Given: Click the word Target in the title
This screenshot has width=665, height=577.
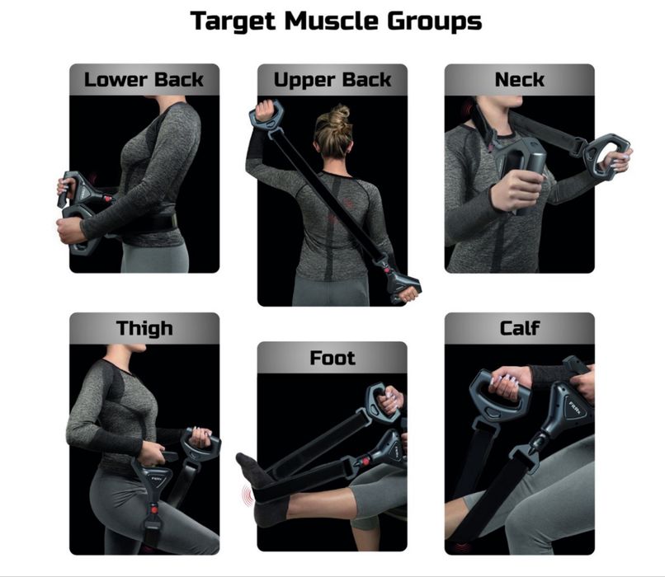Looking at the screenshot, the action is [233, 21].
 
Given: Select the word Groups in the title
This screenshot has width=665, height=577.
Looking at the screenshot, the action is [434, 21].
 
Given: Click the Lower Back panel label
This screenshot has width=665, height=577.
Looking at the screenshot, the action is [144, 80].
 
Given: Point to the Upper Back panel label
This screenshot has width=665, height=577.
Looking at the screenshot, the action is [332, 80].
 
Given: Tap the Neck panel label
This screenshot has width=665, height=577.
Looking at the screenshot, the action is [520, 80].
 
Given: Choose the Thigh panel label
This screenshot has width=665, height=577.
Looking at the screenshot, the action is [144, 328].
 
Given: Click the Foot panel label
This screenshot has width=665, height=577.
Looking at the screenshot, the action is [332, 358].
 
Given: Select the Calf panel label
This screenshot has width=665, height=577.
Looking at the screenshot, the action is [520, 328].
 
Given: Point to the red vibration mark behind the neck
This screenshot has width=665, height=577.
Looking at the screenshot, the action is [468, 110].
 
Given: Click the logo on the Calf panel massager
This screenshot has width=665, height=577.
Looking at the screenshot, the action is [577, 409].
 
